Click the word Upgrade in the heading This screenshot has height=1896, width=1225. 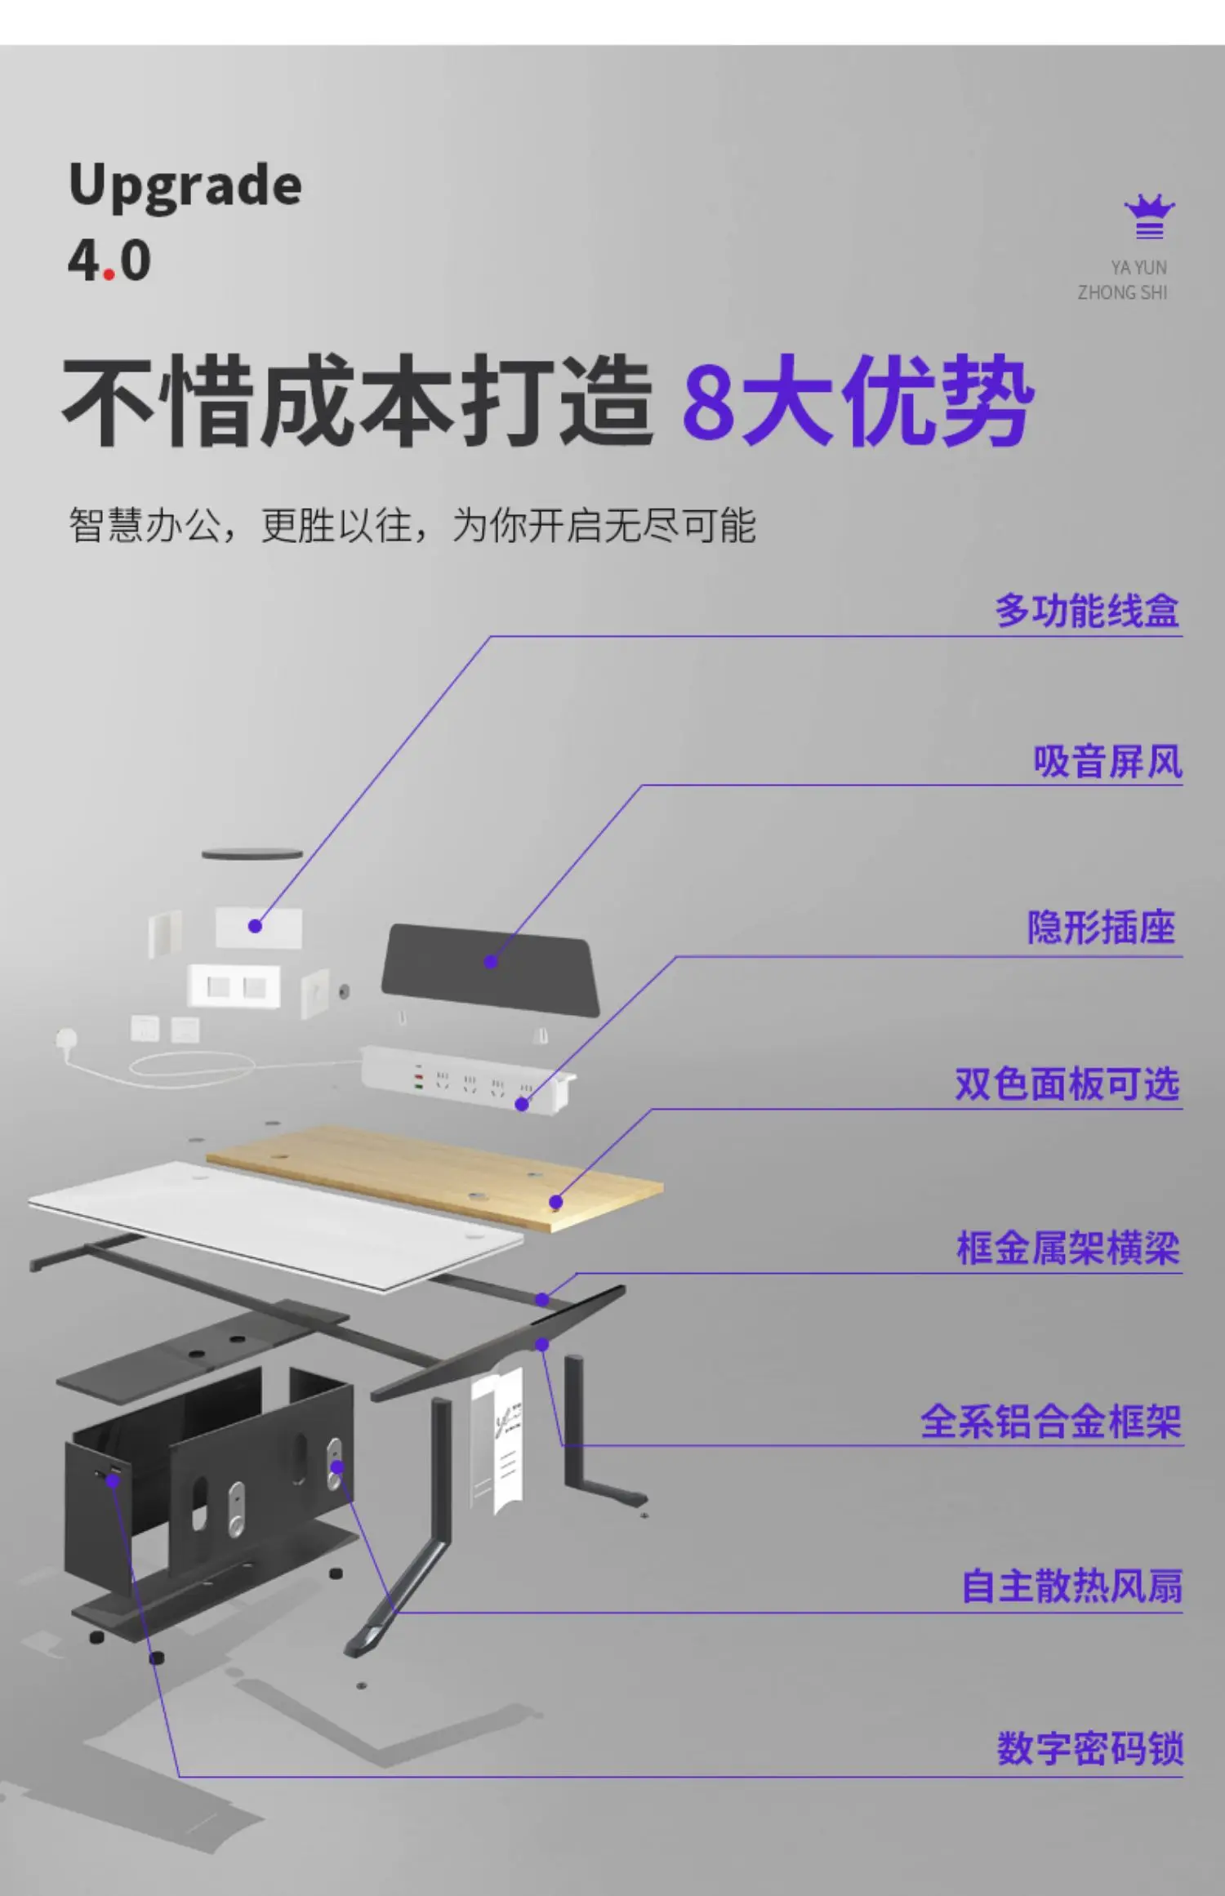tap(185, 186)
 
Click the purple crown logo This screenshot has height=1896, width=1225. tap(1149, 217)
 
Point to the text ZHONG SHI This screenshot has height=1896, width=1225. tap(1122, 292)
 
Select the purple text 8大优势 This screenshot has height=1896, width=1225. tap(857, 402)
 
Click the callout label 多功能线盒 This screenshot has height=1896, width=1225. tap(1087, 611)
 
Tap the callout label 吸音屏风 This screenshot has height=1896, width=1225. tap(1107, 762)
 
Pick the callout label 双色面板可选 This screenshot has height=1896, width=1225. tap(1067, 1084)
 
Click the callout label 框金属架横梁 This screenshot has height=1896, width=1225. tap(1068, 1248)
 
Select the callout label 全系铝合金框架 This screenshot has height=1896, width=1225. tap(1051, 1422)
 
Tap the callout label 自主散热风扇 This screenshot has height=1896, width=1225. tap(1071, 1586)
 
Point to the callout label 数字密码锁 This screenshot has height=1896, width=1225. tap(1089, 1748)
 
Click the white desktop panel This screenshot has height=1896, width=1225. tap(269, 1225)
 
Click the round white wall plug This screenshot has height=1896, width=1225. tap(66, 1039)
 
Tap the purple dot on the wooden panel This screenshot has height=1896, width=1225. tap(556, 1202)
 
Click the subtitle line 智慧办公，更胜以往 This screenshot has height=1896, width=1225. tap(412, 525)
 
